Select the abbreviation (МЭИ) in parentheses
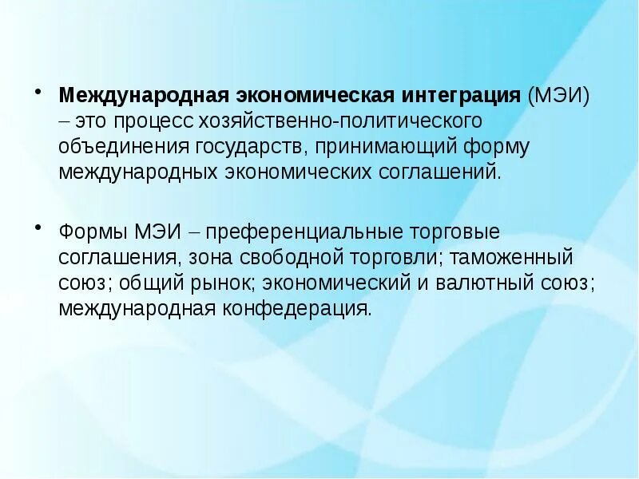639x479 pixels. [x=558, y=96]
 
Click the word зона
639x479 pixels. [x=211, y=258]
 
